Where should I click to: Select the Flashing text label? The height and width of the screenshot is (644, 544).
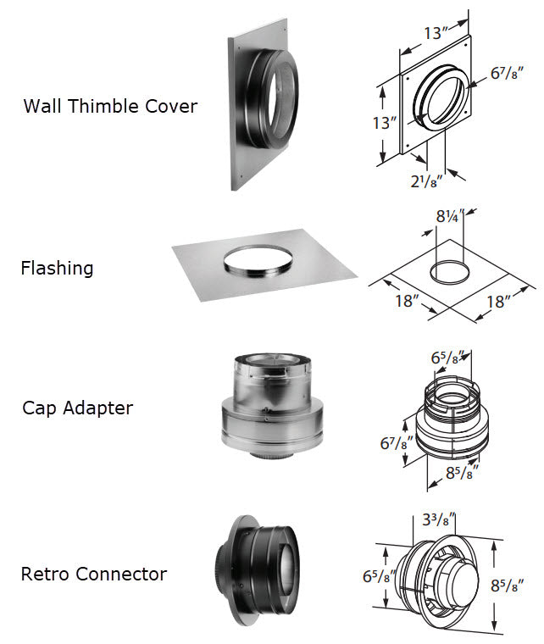[x=57, y=269]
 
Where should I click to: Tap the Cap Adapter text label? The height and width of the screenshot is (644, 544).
[x=77, y=408]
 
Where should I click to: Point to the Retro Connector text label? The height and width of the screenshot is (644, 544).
[x=94, y=574]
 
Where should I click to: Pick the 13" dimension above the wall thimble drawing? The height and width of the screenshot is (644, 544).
[x=435, y=34]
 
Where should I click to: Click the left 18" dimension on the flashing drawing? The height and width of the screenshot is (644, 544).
[x=408, y=301]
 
